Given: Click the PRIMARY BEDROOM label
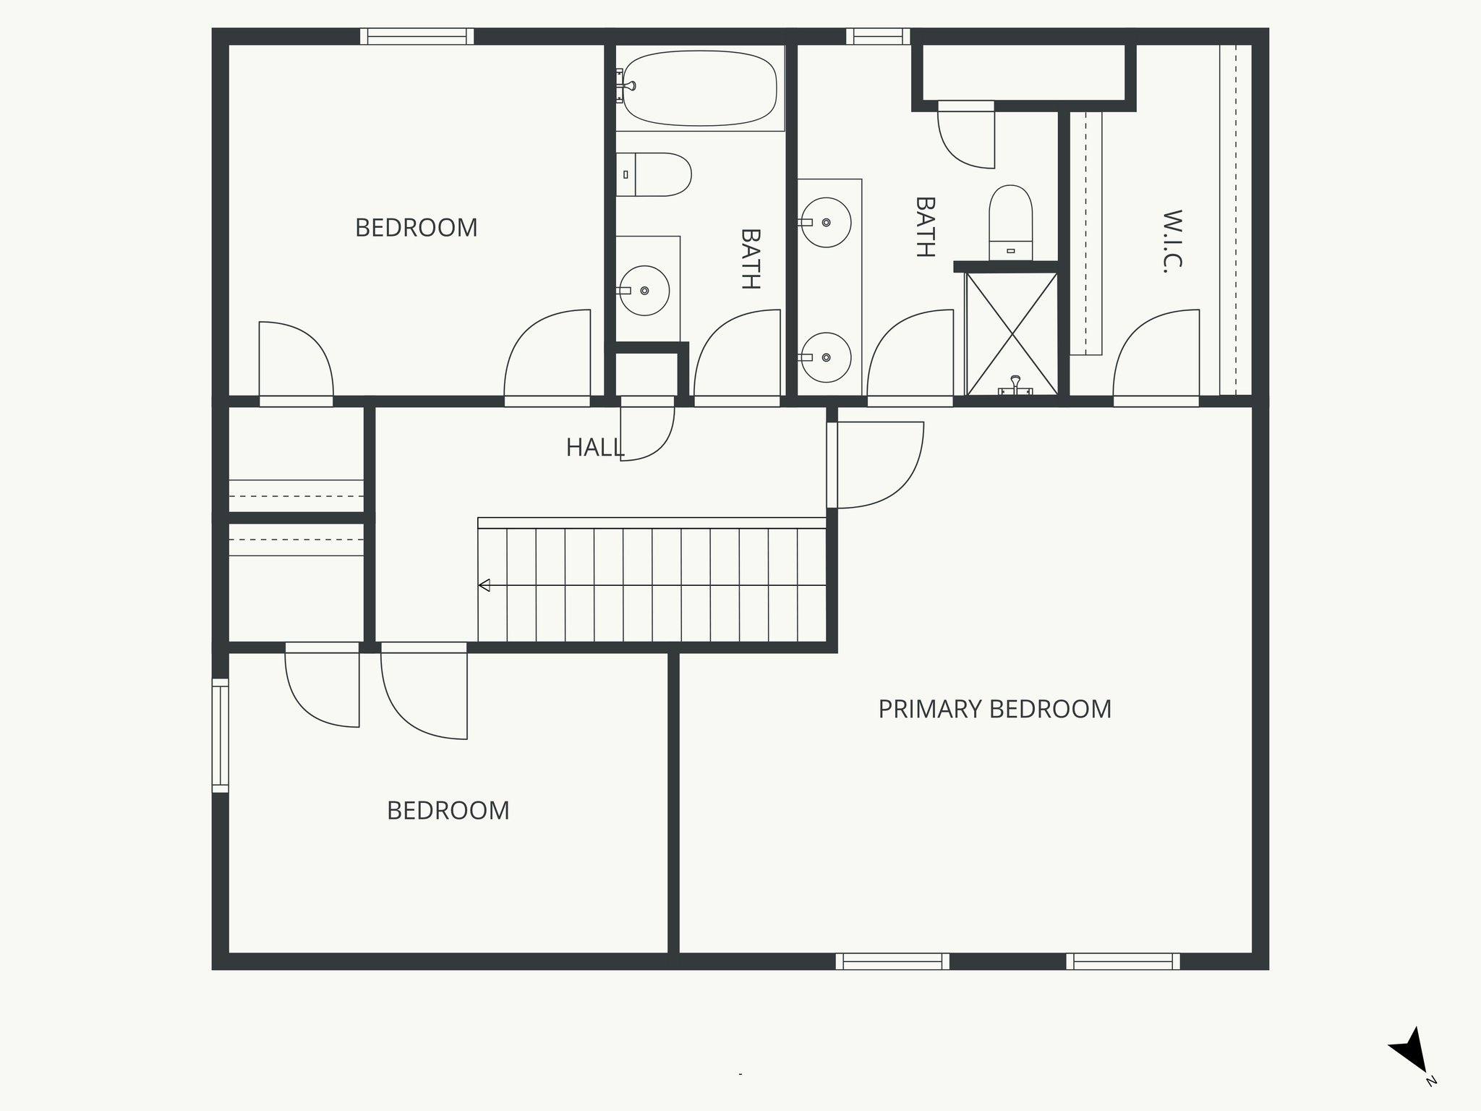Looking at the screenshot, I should click(994, 709).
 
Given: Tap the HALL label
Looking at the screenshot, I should click(594, 448).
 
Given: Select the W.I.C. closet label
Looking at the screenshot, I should click(1172, 241).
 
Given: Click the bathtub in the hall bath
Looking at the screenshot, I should click(700, 88).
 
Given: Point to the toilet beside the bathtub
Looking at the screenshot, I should click(654, 174).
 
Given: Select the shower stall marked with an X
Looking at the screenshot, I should click(1012, 333).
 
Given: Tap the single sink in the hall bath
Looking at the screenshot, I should click(644, 290).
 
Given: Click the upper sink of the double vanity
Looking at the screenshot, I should click(826, 222).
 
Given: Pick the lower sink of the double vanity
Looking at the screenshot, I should click(826, 357).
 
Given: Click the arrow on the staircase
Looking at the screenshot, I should click(485, 585).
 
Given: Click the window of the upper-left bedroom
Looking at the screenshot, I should click(417, 36).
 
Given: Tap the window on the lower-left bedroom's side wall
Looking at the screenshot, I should click(220, 736).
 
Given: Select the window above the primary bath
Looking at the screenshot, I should click(878, 36).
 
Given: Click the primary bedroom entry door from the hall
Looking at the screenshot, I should click(878, 465).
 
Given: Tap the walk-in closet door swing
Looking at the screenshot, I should click(1156, 354).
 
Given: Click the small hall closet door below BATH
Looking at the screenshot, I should click(647, 430).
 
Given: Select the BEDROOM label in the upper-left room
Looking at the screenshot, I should click(416, 228).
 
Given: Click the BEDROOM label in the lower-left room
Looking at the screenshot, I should click(448, 811).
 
